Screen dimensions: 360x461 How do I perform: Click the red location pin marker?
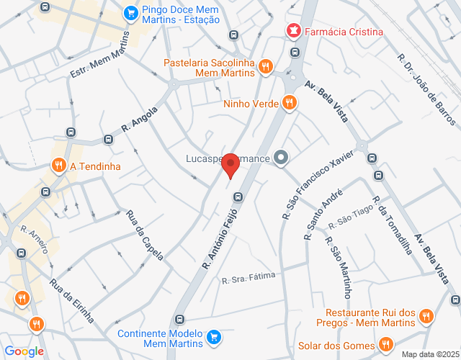coord(230,165)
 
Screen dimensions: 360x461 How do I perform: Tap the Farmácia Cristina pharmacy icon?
coord(293,31)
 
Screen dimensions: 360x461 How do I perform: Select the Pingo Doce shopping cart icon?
coord(130,12)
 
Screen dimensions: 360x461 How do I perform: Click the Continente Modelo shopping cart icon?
coord(213,337)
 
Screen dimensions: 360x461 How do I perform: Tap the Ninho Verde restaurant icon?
coord(290,103)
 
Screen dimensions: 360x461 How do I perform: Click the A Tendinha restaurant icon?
coord(58,166)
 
